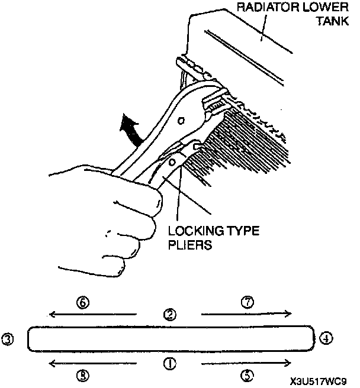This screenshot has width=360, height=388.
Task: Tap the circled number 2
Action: pyautogui.click(x=170, y=314)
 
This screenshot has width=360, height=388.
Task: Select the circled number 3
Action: pyautogui.click(x=8, y=339)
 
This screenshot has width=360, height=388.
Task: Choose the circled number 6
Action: pyautogui.click(x=83, y=302)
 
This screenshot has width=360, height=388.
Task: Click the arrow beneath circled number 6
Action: pyautogui.click(x=93, y=314)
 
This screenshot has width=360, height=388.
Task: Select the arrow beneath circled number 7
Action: pyautogui.click(x=246, y=314)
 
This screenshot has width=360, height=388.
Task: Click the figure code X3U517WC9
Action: pyautogui.click(x=319, y=382)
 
